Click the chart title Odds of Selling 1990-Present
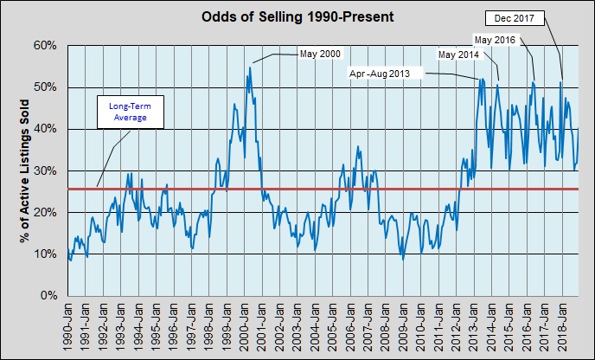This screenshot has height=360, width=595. [297, 16]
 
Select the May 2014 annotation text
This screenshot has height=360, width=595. [457, 55]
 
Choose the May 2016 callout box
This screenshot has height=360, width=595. [494, 39]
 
